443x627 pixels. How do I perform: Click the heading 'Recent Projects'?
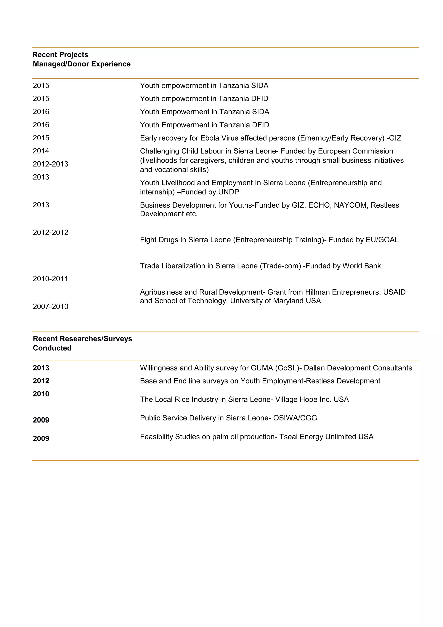tap(60, 55)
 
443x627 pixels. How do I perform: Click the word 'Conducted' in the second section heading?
tap(52, 348)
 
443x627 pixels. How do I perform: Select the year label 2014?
tap(41, 151)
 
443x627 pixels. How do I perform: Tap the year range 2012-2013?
tap(50, 164)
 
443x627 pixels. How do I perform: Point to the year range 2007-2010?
tap(50, 306)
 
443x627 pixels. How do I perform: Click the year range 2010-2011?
tap(50, 279)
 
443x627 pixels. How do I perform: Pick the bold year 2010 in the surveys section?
tap(41, 394)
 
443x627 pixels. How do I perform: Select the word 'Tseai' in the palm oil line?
tap(288, 437)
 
